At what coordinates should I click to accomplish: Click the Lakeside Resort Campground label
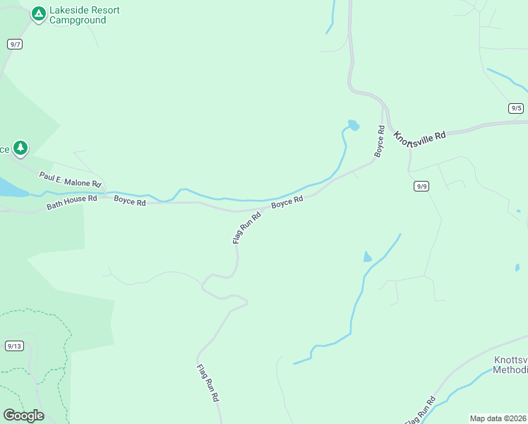point(84,15)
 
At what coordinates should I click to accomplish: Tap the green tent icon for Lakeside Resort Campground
point(37,13)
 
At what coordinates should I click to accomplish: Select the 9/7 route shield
point(15,44)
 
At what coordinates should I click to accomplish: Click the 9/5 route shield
point(516,108)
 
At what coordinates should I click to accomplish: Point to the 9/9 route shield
point(422,186)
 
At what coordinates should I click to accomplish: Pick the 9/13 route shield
point(14,346)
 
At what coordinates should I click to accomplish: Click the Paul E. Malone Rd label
point(71,179)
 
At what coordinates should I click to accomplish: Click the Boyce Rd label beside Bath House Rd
point(130,202)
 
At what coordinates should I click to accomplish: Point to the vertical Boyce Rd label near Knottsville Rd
point(380,141)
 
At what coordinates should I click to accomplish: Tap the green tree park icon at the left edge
point(20,147)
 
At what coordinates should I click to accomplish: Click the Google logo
point(23,416)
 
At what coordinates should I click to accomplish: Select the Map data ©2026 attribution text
point(498,418)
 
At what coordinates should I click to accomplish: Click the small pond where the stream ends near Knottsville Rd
point(352,126)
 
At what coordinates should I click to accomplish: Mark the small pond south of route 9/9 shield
point(367,257)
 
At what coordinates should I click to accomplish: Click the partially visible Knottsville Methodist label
point(510,365)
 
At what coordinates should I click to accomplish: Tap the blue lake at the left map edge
point(11,187)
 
